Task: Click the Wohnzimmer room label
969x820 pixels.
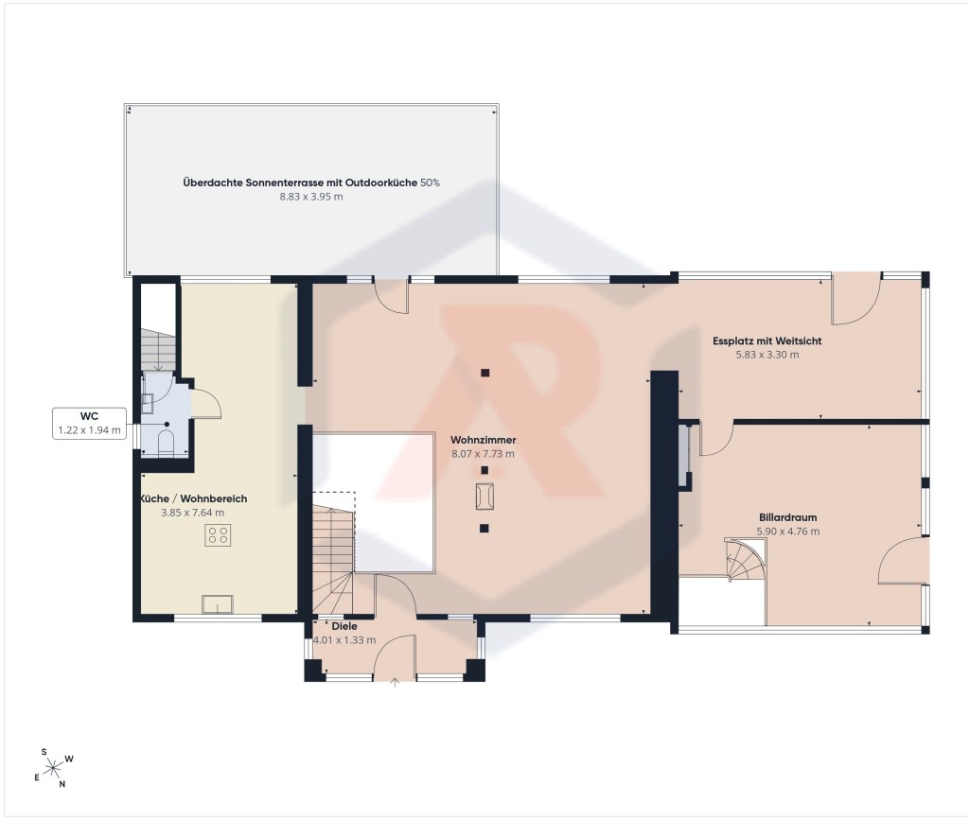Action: [x=483, y=440]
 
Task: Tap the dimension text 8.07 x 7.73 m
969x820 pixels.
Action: [x=483, y=453]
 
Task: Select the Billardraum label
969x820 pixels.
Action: [x=788, y=517]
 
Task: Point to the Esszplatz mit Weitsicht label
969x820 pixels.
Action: [x=766, y=340]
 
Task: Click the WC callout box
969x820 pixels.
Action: [x=89, y=423]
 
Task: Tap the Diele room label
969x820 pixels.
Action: [x=344, y=626]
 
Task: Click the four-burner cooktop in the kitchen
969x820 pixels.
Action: [x=218, y=535]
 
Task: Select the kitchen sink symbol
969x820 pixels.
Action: [x=218, y=603]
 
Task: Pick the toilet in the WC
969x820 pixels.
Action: [x=166, y=442]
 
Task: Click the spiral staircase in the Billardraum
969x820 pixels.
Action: [x=746, y=560]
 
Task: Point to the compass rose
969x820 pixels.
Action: [x=54, y=768]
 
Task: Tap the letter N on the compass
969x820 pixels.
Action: [x=62, y=784]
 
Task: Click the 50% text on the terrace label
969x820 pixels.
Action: [x=431, y=183]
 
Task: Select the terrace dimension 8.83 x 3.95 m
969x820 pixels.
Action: [x=310, y=197]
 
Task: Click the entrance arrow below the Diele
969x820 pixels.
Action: [x=395, y=682]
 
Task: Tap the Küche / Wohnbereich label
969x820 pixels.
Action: [x=193, y=498]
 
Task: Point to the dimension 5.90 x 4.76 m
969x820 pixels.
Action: [x=788, y=531]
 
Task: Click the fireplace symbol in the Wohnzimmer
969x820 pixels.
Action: [x=484, y=497]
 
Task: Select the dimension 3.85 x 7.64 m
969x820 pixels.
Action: [x=192, y=513]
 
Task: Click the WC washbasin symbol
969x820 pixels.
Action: [x=147, y=403]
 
